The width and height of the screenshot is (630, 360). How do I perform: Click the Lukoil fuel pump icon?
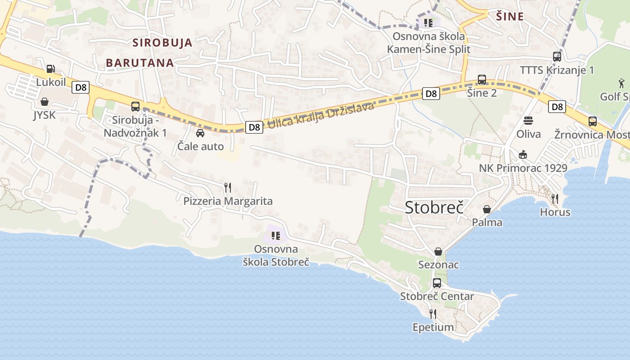(x=51, y=69)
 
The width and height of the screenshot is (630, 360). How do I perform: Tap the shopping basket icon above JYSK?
(x=45, y=102)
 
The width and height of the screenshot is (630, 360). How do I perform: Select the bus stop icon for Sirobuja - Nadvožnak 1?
(x=135, y=107)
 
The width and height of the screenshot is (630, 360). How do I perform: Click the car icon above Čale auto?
(x=200, y=133)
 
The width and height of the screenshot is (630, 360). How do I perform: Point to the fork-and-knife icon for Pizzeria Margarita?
(x=228, y=187)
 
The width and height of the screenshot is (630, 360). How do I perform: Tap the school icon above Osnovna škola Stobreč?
(x=276, y=235)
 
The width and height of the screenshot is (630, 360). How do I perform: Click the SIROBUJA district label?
(x=162, y=43)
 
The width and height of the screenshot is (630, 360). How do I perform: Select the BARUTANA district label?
(x=140, y=63)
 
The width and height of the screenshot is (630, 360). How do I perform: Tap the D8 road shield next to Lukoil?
(x=81, y=87)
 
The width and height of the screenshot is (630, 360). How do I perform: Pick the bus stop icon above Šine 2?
(x=482, y=80)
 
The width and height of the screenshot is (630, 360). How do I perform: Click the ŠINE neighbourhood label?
(x=510, y=17)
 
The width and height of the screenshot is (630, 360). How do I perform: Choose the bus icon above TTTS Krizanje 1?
(x=557, y=57)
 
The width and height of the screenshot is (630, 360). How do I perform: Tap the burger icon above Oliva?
(x=528, y=121)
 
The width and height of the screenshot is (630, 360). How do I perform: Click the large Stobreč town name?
(x=434, y=207)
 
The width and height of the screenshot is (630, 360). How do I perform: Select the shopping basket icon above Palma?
(x=487, y=209)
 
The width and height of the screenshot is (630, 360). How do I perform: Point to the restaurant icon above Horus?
(x=555, y=198)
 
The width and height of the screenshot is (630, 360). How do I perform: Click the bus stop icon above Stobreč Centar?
(x=437, y=283)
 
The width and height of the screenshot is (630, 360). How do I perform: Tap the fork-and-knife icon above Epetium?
(x=433, y=314)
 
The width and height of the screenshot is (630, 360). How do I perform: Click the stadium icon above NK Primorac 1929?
(x=523, y=155)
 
